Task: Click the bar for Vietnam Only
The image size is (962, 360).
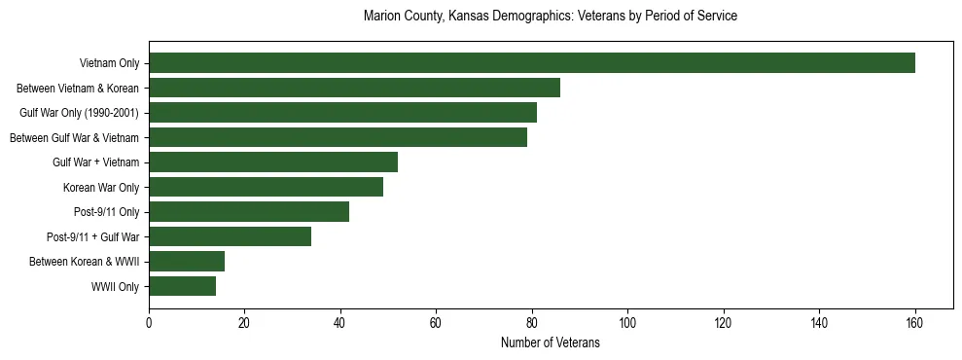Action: pyautogui.click(x=532, y=63)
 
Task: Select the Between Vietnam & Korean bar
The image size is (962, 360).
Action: pyautogui.click(x=354, y=88)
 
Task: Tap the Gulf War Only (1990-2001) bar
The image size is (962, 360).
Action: pyautogui.click(x=342, y=113)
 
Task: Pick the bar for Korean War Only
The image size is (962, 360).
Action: pyautogui.click(x=266, y=187)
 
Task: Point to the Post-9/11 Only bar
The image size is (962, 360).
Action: pyautogui.click(x=249, y=212)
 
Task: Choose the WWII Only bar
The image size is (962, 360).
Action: pyautogui.click(x=182, y=286)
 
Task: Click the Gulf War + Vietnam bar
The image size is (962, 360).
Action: pyautogui.click(x=273, y=162)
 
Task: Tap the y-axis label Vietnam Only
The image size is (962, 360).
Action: pyautogui.click(x=109, y=64)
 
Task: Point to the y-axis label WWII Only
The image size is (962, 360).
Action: pyautogui.click(x=115, y=287)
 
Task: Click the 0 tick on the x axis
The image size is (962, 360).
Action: pyautogui.click(x=149, y=322)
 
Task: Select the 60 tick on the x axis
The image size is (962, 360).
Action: pyautogui.click(x=436, y=322)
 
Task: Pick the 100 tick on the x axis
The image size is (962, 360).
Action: pyautogui.click(x=627, y=322)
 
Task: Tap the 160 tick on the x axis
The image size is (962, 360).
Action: pyautogui.click(x=914, y=322)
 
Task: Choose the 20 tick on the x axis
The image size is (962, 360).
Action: pyautogui.click(x=244, y=322)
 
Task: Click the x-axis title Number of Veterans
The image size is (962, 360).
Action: pyautogui.click(x=551, y=343)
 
